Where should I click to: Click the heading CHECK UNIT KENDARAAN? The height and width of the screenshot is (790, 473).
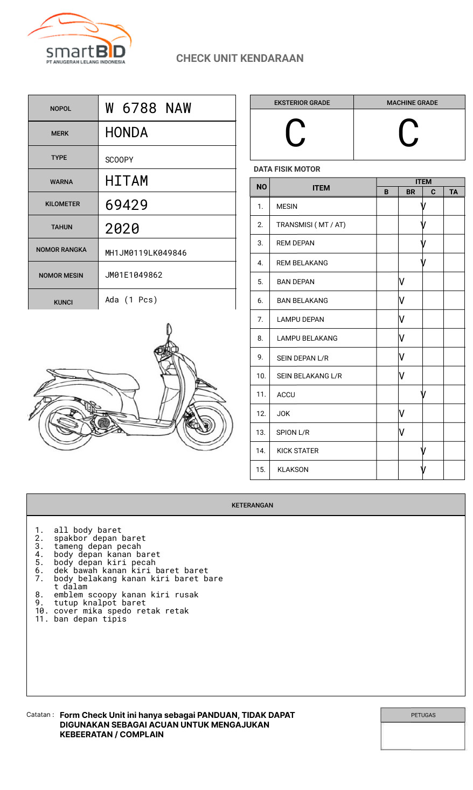click(240, 58)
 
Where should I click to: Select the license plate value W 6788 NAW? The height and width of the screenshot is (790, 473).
click(148, 108)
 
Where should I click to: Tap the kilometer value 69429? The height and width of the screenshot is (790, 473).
click(126, 205)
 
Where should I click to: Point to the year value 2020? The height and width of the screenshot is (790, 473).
click(122, 229)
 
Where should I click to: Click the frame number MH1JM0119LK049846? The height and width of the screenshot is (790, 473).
click(145, 253)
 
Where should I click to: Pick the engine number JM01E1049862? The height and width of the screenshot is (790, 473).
click(134, 275)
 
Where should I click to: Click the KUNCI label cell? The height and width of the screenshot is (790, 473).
click(63, 302)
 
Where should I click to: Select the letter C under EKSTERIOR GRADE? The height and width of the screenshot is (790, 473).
click(295, 133)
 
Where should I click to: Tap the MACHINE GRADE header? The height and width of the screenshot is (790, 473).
click(412, 103)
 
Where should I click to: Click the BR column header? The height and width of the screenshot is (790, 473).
click(411, 192)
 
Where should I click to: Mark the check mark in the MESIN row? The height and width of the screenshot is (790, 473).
click(423, 206)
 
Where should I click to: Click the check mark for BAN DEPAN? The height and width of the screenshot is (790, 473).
click(402, 281)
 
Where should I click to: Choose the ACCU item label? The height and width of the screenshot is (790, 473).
click(286, 394)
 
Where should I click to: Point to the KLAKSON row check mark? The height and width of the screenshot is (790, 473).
click(423, 469)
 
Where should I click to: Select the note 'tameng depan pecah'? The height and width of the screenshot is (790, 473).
click(97, 546)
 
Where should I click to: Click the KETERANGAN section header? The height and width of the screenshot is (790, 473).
click(252, 505)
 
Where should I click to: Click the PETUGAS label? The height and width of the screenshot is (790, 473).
click(423, 715)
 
